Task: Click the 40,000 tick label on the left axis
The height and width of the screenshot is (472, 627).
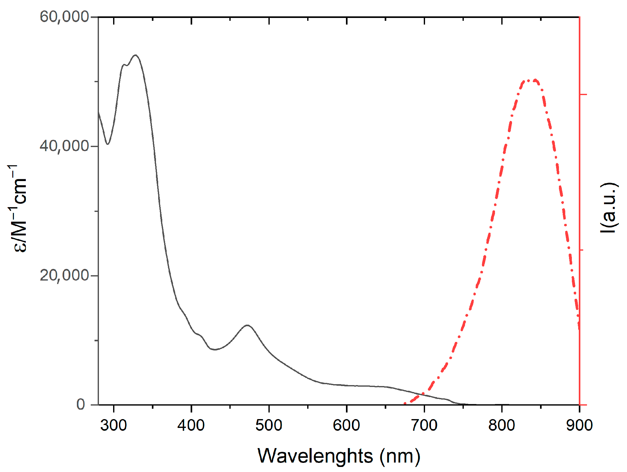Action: tap(64, 146)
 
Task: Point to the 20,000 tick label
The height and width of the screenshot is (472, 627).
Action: tap(64, 275)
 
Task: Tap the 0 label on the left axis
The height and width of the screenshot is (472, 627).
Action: tap(81, 404)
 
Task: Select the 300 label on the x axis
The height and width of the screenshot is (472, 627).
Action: tap(113, 425)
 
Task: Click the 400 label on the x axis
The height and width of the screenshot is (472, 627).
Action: tap(191, 425)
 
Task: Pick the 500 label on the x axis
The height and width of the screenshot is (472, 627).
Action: tap(269, 425)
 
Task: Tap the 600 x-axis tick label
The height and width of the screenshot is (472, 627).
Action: tap(346, 425)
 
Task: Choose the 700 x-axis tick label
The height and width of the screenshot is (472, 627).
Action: tap(424, 425)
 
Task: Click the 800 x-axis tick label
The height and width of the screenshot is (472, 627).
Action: tap(502, 425)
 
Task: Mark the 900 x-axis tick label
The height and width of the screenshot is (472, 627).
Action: tap(579, 425)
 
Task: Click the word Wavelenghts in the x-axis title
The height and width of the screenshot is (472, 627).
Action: tap(315, 456)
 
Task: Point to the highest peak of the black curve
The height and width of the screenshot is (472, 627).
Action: tap(136, 55)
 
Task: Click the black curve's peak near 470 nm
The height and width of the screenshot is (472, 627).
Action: tap(248, 325)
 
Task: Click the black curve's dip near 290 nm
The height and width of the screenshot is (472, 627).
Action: tap(108, 144)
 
